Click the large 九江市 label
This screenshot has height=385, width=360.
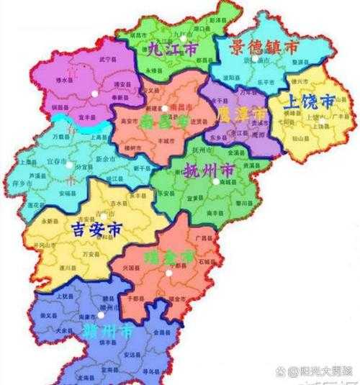(x=171, y=50)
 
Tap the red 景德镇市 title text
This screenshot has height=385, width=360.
(x=264, y=47)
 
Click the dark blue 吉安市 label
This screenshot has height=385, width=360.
(x=97, y=230)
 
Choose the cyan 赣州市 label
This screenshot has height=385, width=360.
(x=109, y=332)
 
